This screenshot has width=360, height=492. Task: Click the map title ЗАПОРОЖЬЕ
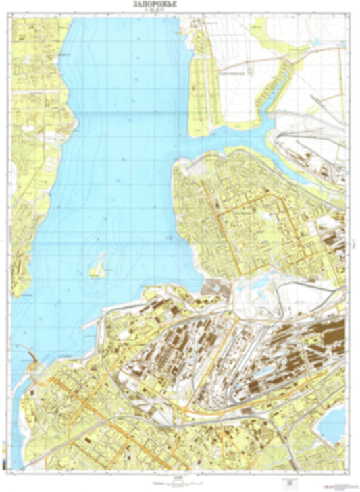coord(180,6)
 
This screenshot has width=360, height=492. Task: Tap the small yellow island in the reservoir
coord(97,268)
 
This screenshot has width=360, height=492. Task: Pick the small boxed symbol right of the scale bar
coord(289,482)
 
